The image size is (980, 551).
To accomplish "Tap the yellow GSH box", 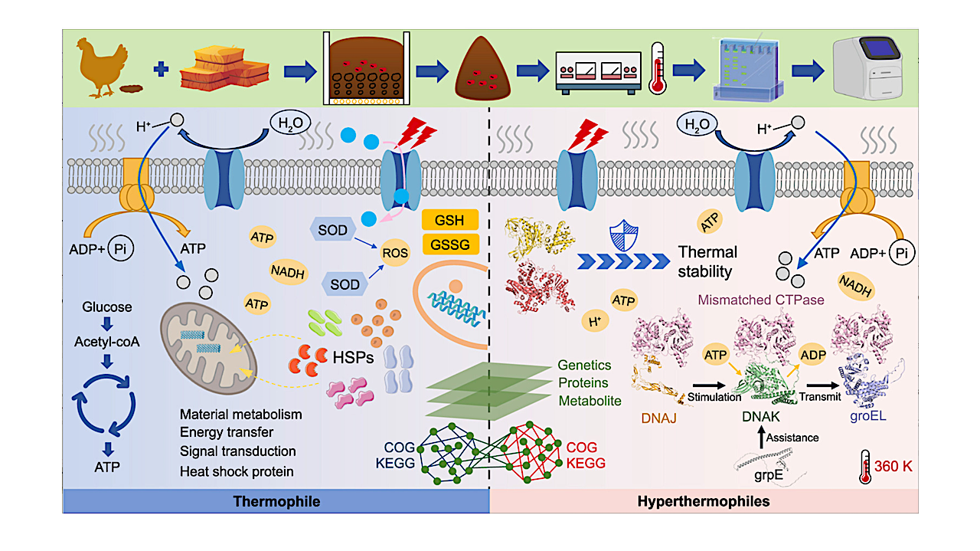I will pos(449,221).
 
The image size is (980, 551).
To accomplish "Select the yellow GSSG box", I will pos(449,244).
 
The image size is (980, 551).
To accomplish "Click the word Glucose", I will pos(106,307).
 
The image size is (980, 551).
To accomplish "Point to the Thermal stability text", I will pos(707,261).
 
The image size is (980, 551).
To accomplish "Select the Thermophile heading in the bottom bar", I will pos(277,502).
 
